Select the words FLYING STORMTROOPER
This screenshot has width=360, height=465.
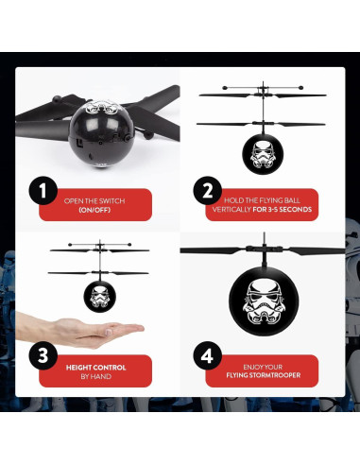point(263,376)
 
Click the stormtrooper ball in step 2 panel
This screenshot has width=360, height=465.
point(262,150)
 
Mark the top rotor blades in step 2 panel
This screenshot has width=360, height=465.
point(262,95)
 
